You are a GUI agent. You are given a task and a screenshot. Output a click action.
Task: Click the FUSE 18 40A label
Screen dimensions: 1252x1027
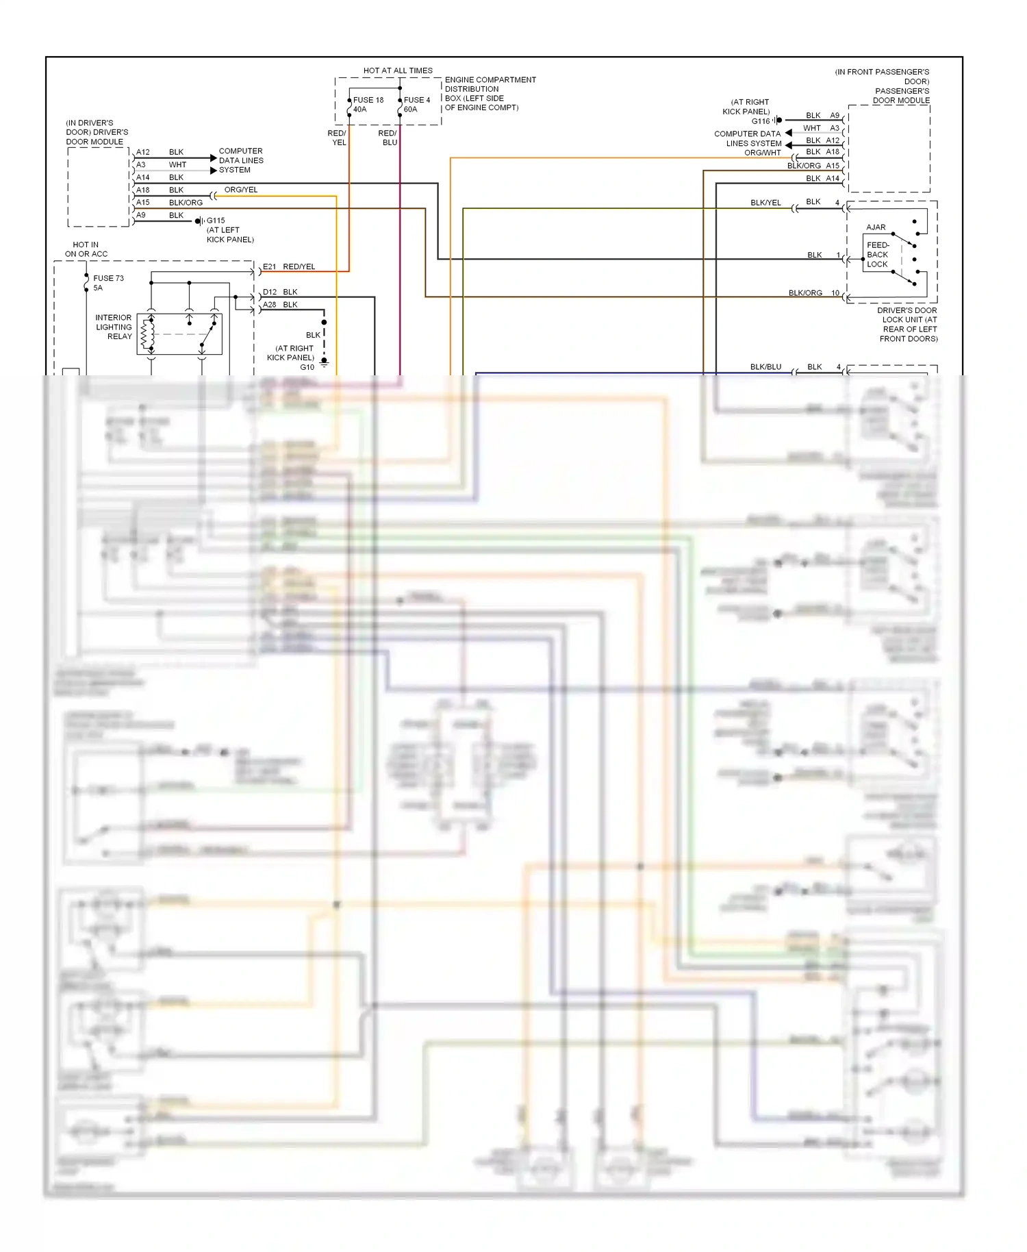(368, 105)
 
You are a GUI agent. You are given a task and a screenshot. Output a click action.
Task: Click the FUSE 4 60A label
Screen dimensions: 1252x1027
(416, 105)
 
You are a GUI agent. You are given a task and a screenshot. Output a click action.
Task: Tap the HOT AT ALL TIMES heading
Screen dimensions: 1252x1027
(398, 71)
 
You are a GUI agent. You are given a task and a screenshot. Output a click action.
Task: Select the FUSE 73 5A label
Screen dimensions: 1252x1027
(108, 283)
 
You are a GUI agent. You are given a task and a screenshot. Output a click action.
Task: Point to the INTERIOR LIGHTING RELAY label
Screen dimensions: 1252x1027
(114, 327)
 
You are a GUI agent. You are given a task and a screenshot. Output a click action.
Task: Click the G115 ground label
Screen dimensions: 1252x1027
(216, 221)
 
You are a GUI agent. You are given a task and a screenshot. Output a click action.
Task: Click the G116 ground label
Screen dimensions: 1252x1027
(761, 121)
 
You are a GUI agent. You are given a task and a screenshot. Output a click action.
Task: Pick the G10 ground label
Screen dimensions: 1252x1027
(307, 367)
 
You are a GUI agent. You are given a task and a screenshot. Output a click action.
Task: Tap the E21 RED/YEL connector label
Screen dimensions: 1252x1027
(289, 266)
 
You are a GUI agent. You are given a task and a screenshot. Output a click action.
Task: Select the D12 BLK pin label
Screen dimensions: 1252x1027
(280, 292)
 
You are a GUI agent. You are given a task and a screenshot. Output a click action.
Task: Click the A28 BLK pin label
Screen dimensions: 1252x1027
(280, 305)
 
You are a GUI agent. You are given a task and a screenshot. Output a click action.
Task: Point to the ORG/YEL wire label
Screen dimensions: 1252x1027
(241, 190)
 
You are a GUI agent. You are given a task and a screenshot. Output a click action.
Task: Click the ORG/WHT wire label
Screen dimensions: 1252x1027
(763, 153)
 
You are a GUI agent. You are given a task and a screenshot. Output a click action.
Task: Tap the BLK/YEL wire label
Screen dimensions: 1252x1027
(765, 203)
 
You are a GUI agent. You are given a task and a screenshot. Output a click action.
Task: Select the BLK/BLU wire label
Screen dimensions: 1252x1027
(765, 367)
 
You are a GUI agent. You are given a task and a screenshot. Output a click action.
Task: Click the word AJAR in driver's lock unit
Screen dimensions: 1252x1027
(876, 227)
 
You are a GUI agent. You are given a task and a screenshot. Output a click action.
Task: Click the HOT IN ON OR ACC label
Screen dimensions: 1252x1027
(86, 249)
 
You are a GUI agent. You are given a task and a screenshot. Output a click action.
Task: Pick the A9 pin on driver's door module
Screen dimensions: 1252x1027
(141, 215)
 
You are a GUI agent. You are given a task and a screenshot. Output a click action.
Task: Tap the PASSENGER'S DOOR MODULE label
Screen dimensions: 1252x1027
(901, 95)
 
